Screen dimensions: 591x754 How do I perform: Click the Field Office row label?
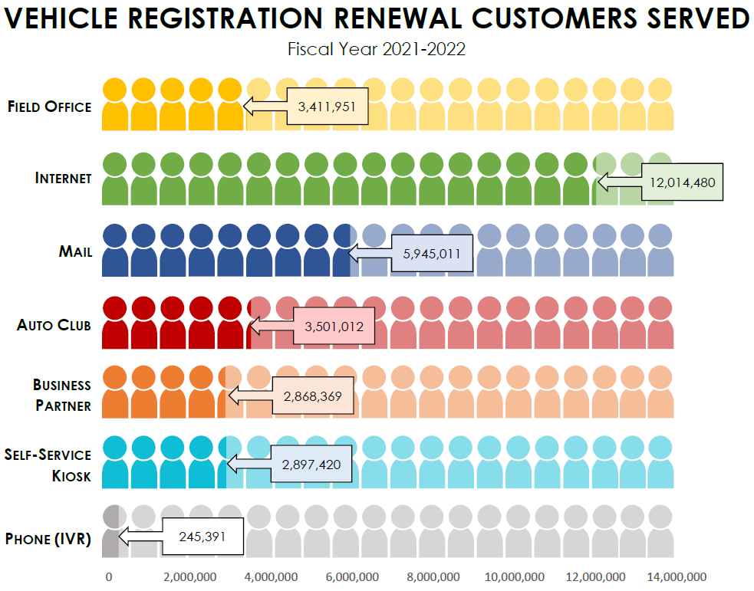pyautogui.click(x=49, y=107)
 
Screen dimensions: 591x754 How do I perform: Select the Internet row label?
pyautogui.click(x=63, y=178)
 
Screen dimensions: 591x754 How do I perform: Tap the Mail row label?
pyautogui.click(x=75, y=251)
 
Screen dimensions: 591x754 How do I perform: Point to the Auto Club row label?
pyautogui.click(x=54, y=325)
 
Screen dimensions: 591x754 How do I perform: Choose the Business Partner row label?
pyautogui.click(x=62, y=395)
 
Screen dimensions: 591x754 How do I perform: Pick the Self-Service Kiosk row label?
pyautogui.click(x=48, y=465)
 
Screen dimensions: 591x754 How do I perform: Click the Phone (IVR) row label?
pyautogui.click(x=48, y=539)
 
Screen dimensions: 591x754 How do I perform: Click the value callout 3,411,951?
pyautogui.click(x=326, y=107)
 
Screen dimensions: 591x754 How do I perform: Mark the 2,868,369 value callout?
pyautogui.click(x=312, y=396)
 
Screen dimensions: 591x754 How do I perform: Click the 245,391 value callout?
pyautogui.click(x=202, y=537)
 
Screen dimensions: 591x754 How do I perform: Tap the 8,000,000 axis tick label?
pyautogui.click(x=433, y=576)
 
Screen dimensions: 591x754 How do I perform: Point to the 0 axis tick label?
pyautogui.click(x=109, y=576)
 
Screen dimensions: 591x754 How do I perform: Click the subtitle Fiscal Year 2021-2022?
pyautogui.click(x=377, y=49)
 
